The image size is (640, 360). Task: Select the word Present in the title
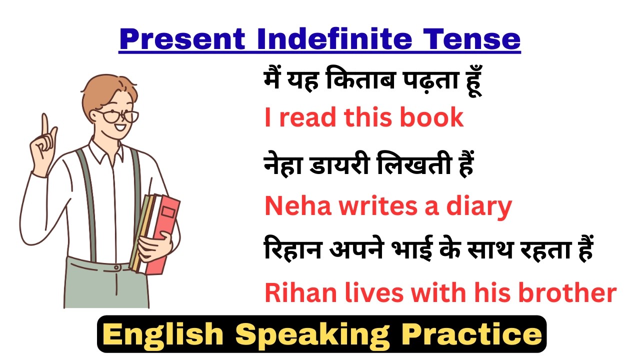point(182,39)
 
